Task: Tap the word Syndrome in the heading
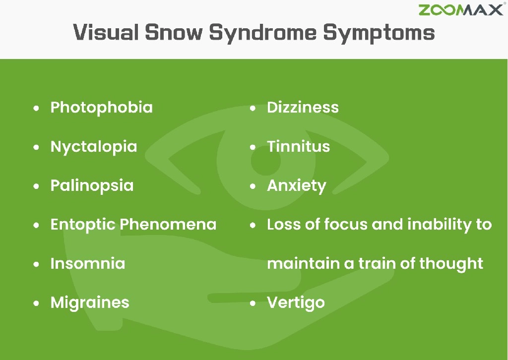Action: [x=262, y=33]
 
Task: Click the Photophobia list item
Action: [x=101, y=108]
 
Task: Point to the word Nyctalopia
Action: [x=93, y=147]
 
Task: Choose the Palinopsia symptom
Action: [x=92, y=186]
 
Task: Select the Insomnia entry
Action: [x=87, y=263]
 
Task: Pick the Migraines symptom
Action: [x=90, y=302]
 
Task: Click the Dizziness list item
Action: [x=303, y=108]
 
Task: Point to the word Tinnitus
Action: [x=298, y=147]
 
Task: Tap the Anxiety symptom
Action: [x=296, y=186]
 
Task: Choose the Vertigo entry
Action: [x=296, y=302]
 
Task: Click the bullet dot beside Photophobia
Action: [x=36, y=108]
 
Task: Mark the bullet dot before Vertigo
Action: [x=253, y=303]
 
